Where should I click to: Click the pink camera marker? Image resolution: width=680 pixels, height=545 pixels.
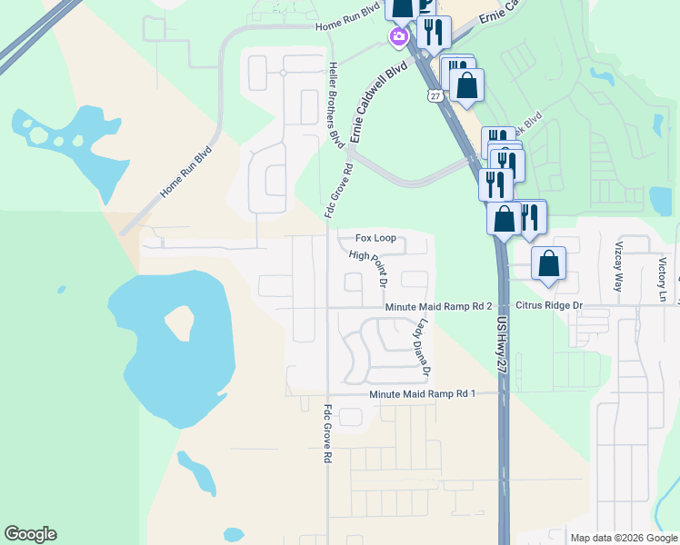397,37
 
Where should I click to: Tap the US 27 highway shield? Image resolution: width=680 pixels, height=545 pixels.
436,95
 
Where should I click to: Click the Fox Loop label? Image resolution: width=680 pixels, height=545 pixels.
375,238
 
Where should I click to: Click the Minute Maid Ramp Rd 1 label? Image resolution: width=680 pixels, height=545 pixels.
423,394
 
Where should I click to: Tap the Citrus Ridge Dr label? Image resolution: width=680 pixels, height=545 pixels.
549,306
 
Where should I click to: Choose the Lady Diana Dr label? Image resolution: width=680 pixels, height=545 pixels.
424,349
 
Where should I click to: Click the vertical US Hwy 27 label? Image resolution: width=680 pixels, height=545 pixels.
501,342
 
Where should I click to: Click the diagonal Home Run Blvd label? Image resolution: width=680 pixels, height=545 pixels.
185,173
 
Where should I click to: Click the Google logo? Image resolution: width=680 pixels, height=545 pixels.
30,534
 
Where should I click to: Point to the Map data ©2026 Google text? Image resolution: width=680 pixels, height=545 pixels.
624,538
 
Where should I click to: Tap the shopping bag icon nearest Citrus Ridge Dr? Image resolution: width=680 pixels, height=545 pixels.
549,264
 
